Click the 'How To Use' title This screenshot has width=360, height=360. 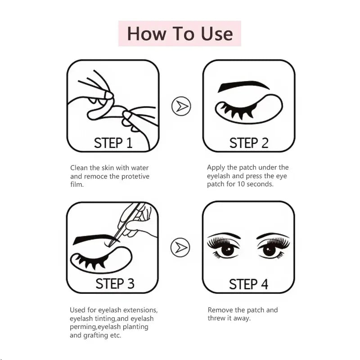point(180,34)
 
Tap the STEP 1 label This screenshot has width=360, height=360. point(113,143)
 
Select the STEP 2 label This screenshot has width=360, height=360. point(249,143)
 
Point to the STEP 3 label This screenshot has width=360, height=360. point(115,283)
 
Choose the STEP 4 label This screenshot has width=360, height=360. point(248,284)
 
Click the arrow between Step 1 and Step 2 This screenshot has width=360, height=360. point(181,106)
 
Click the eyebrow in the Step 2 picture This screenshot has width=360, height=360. point(243,86)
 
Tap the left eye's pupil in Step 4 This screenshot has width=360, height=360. point(228,249)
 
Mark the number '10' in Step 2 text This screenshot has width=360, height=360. point(238,184)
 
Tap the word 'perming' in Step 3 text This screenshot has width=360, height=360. point(83,327)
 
